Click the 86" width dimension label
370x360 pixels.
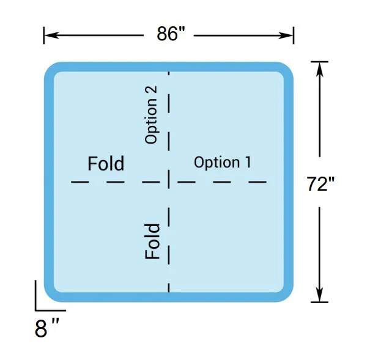[x=171, y=34]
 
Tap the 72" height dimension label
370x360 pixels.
[x=320, y=183]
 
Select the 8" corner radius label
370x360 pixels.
[x=47, y=328]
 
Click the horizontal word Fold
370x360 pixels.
[x=106, y=163]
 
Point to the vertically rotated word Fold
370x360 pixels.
[x=152, y=241]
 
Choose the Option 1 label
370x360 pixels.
[x=223, y=162]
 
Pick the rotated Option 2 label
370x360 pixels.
[x=151, y=115]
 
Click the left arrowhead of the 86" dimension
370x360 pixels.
[x=51, y=35]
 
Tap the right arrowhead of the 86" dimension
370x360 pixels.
[x=286, y=35]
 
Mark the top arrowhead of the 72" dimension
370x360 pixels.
[x=319, y=69]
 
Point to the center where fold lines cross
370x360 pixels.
[x=169, y=182]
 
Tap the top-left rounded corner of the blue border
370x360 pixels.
[x=51, y=69]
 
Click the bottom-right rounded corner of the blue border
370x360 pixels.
[x=286, y=295]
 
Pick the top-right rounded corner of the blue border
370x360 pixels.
[x=286, y=69]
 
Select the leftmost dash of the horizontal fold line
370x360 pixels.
[x=80, y=182]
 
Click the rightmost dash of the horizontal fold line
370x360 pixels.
[x=257, y=182]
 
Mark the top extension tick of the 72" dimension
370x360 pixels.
[x=319, y=62]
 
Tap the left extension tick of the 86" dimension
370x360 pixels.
[x=44, y=35]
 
